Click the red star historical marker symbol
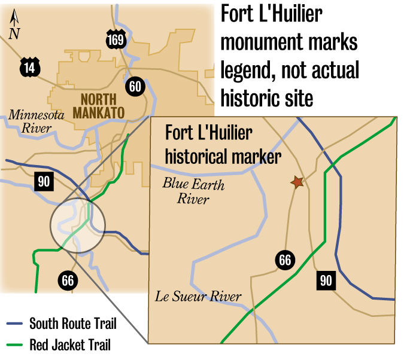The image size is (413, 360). pyautogui.click(x=297, y=182)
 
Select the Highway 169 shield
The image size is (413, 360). pyautogui.click(x=116, y=40)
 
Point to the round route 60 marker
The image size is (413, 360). pyautogui.click(x=135, y=87)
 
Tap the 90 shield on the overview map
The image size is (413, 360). pyautogui.click(x=43, y=181)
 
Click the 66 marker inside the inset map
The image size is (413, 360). pyautogui.click(x=285, y=260)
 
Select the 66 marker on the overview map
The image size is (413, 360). pyautogui.click(x=67, y=280)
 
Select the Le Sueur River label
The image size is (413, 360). pyautogui.click(x=198, y=296)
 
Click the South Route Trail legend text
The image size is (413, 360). pyautogui.click(x=73, y=325)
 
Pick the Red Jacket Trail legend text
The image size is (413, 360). pyautogui.click(x=70, y=345)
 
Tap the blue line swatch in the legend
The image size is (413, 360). pyautogui.click(x=14, y=325)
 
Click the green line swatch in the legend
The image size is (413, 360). pyautogui.click(x=14, y=345)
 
